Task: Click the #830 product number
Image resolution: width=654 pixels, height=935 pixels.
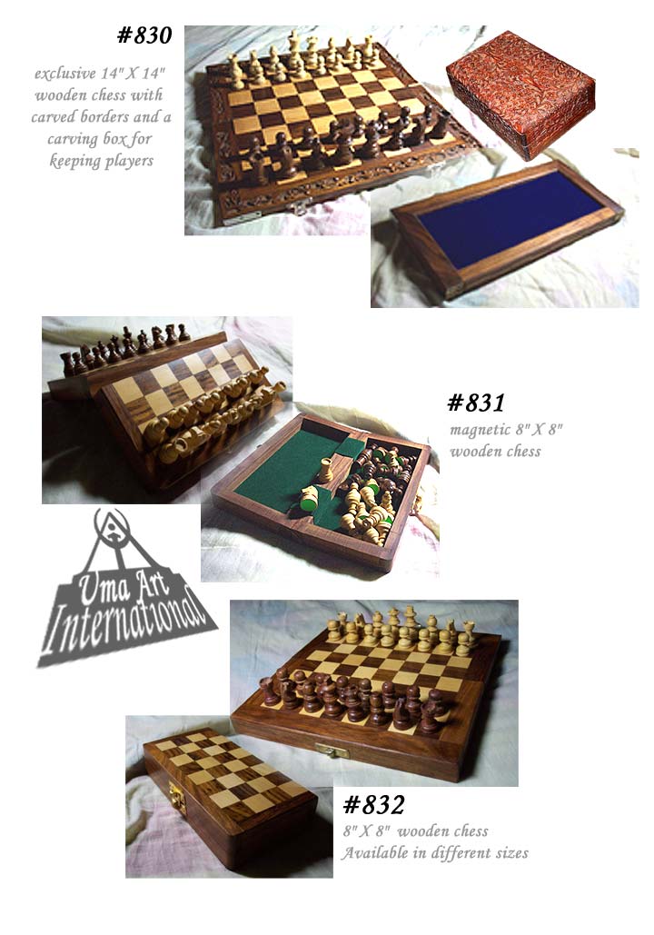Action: click(x=144, y=35)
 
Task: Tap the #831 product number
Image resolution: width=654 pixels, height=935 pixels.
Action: click(x=476, y=403)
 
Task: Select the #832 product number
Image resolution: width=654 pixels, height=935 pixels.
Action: click(x=374, y=805)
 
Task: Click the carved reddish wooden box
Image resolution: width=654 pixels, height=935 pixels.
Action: click(x=520, y=94)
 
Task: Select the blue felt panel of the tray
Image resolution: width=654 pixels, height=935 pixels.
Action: click(x=510, y=219)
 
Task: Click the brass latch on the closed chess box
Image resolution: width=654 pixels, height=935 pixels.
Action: click(x=177, y=797)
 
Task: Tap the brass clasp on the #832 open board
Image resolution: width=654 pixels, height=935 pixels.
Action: click(x=332, y=751)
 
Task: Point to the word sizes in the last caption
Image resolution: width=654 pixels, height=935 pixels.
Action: click(x=512, y=853)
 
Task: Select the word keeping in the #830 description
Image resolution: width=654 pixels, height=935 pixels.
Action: click(x=72, y=162)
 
